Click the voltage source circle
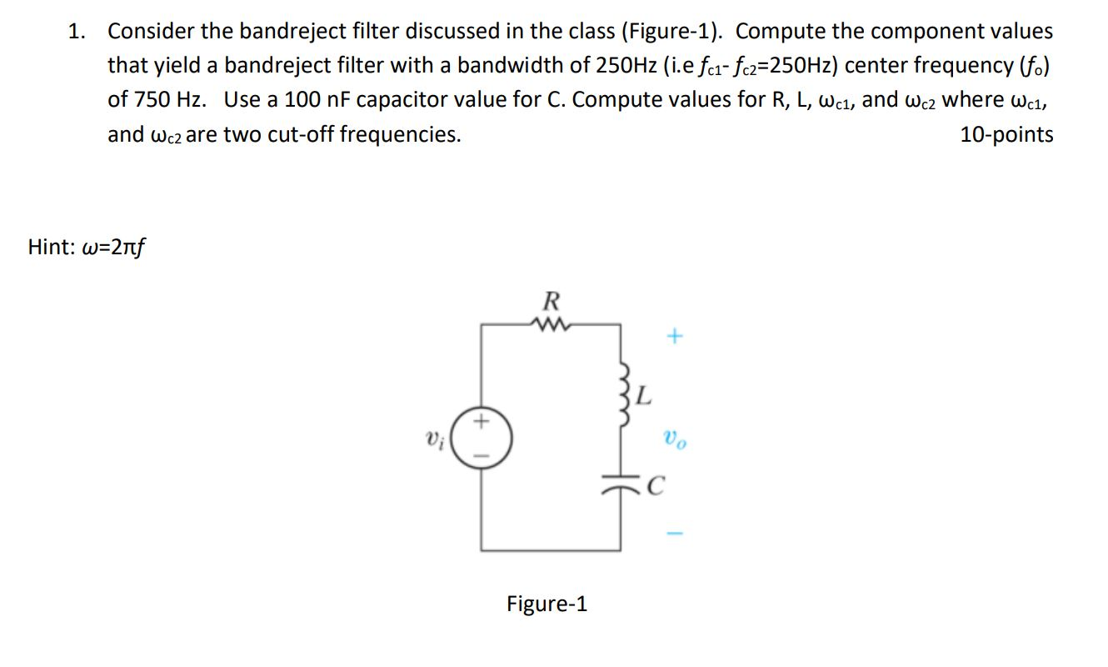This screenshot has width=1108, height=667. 482,438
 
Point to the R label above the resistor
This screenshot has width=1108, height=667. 550,299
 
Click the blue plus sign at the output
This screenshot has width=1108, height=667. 674,337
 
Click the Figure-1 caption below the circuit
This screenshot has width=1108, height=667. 547,604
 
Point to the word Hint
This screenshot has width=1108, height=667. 51,247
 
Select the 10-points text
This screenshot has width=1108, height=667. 1006,134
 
